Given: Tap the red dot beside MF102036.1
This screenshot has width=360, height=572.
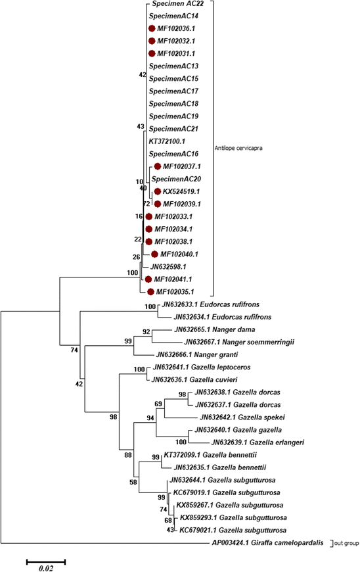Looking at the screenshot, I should point(152,28).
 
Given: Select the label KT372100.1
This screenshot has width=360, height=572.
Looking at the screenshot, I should point(168,141).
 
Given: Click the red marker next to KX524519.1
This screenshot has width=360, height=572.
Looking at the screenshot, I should point(157,191).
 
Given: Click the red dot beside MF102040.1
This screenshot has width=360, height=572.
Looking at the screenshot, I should point(155,254).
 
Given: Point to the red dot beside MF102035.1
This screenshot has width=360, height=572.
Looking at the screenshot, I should point(152,291).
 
